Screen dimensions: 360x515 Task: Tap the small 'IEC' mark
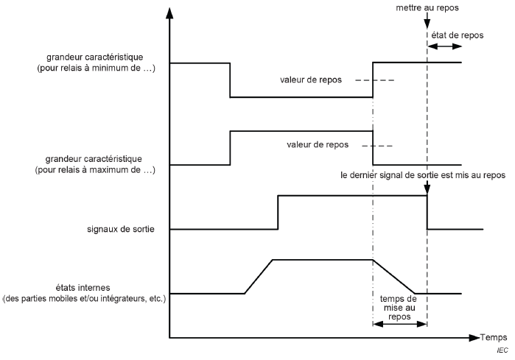pyautogui.click(x=503, y=350)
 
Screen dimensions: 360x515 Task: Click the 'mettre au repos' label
pyautogui.click(x=427, y=7)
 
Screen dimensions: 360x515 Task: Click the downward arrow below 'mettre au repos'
pyautogui.click(x=427, y=22)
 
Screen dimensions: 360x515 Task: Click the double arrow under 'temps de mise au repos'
pyautogui.click(x=400, y=323)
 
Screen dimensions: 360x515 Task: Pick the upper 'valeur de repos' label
pyautogui.click(x=310, y=80)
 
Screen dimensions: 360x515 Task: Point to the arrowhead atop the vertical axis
pyautogui.click(x=170, y=13)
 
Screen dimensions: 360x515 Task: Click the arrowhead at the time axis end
pyautogui.click(x=474, y=338)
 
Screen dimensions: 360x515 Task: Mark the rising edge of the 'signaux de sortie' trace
pyautogui.click(x=278, y=213)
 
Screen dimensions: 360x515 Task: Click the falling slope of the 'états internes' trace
pyautogui.click(x=395, y=276)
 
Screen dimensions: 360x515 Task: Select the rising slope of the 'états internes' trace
pyautogui.click(x=258, y=277)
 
